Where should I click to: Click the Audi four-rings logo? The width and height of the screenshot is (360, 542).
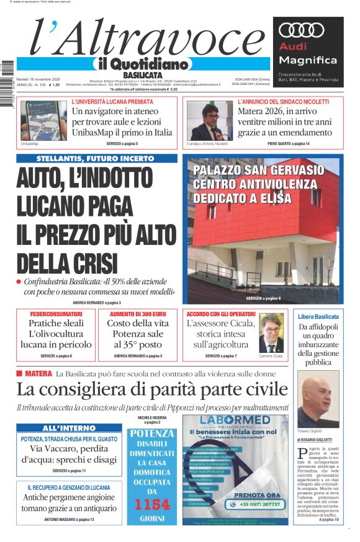pos(302,31)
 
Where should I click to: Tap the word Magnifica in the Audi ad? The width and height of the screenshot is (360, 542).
pos(308,60)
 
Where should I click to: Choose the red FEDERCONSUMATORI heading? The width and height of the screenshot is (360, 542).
pos(56,314)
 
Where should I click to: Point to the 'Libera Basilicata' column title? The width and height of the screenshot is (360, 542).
pos(318,316)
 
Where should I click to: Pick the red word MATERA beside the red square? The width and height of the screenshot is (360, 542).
pos(38,374)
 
